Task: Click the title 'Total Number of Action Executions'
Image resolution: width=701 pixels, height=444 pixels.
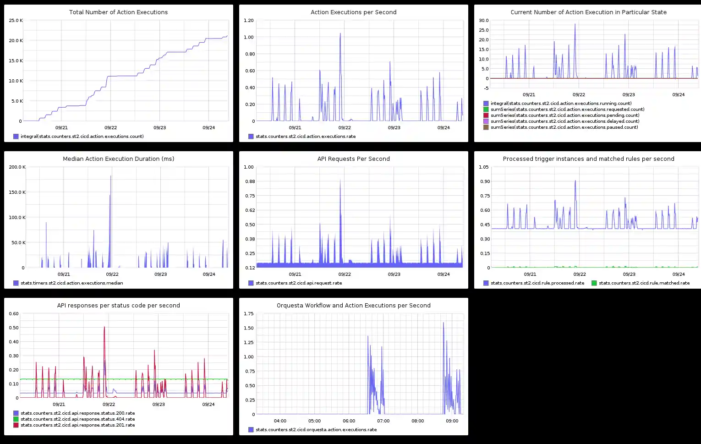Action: [x=118, y=12]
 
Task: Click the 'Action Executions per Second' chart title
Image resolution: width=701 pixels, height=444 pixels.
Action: [x=353, y=12]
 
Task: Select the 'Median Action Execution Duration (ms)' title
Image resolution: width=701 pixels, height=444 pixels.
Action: [x=118, y=159]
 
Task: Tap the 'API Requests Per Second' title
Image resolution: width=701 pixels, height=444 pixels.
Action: [x=353, y=159]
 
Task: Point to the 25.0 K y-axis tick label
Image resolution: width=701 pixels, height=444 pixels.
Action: [x=16, y=21]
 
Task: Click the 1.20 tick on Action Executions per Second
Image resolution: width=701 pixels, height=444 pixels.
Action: [x=249, y=21]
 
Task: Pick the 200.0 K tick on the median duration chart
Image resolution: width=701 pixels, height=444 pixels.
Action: [x=17, y=167]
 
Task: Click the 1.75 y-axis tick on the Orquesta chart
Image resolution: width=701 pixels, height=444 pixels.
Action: [x=249, y=314]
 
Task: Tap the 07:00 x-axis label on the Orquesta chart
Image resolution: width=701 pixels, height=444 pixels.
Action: [x=383, y=421]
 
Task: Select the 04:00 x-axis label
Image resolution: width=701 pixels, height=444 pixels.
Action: [x=280, y=421]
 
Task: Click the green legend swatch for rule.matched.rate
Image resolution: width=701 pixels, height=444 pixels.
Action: [x=594, y=283]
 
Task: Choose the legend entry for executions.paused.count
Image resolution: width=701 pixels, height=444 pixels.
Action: [x=564, y=127]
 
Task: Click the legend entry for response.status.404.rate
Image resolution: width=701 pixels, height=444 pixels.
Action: [x=77, y=419]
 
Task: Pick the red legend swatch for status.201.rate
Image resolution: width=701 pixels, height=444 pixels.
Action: [x=16, y=425]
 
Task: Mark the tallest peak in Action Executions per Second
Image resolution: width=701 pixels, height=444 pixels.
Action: [x=340, y=33]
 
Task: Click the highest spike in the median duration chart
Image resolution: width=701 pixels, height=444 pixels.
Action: [x=110, y=176]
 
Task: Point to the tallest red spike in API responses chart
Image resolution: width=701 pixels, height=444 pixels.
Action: [x=104, y=327]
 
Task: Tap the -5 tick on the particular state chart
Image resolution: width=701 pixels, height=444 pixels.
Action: [x=486, y=88]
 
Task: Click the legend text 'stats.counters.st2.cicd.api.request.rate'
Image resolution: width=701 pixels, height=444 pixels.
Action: [x=306, y=283]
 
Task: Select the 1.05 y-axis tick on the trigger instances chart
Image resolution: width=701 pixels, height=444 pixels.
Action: [x=484, y=167]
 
